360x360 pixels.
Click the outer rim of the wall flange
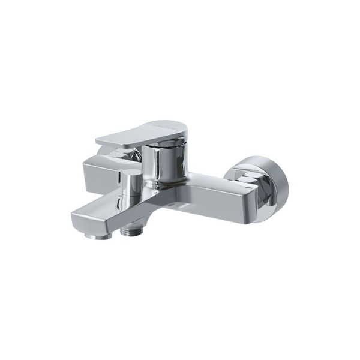pos(282,186)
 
